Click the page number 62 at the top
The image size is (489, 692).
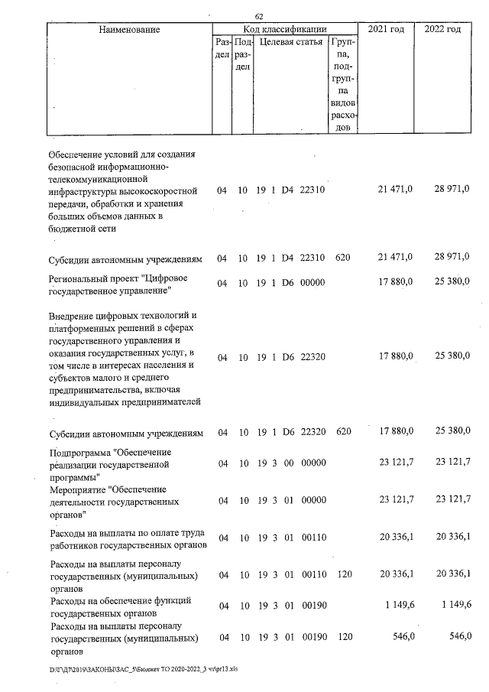(259, 17)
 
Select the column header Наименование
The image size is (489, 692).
(129, 30)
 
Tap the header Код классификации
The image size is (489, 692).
(285, 29)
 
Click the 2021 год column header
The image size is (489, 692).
(386, 29)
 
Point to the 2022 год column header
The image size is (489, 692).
(442, 29)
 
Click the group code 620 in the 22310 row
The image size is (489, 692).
(343, 256)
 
